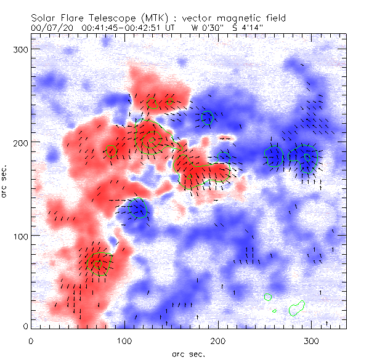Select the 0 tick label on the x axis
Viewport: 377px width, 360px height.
[31, 340]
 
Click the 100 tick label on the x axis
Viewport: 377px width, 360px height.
[124, 340]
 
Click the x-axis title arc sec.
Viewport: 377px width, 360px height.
[188, 353]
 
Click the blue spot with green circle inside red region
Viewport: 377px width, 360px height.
[139, 208]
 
